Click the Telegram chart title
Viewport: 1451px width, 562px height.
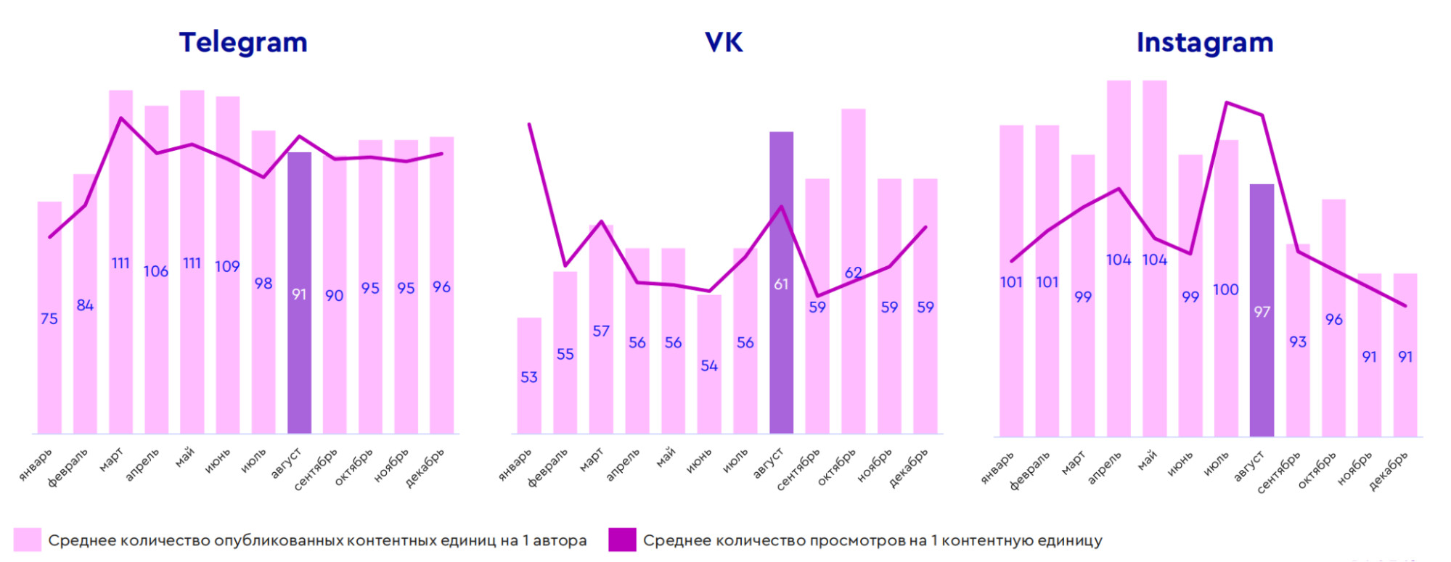(243, 43)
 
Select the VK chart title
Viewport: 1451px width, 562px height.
(724, 43)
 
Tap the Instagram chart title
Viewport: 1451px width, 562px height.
(1204, 43)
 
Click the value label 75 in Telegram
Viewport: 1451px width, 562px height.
(49, 319)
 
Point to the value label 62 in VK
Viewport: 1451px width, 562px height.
(854, 273)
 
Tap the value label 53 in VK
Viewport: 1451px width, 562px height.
(529, 377)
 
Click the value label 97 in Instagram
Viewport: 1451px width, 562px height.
(1262, 312)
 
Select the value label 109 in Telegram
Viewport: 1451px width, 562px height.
(227, 267)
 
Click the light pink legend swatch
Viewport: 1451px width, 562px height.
(27, 540)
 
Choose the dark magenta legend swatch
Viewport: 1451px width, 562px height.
(622, 540)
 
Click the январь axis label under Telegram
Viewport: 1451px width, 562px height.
(36, 465)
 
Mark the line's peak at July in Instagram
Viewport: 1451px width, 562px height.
(1227, 103)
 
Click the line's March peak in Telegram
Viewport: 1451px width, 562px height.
(120, 118)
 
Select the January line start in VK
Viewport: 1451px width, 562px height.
(529, 125)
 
